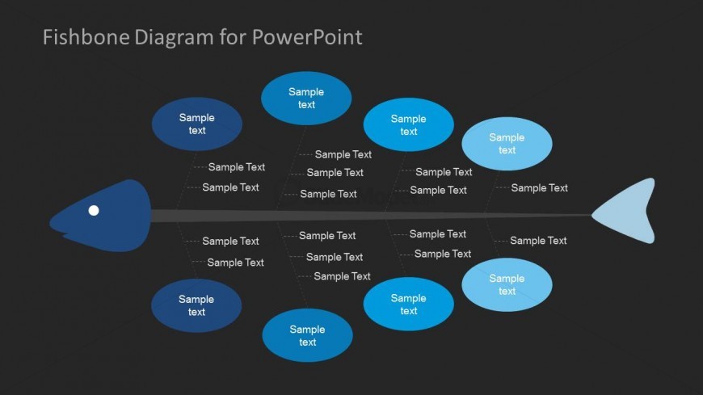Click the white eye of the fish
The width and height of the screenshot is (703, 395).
point(94,211)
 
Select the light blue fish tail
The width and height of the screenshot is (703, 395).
point(629,212)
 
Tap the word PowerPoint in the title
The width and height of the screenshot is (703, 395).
point(307,37)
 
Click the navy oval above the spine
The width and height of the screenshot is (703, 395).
point(196,124)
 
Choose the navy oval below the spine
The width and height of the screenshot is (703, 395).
point(196,305)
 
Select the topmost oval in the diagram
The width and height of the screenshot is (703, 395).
point(306,98)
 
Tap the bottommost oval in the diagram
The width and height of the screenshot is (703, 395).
point(307,335)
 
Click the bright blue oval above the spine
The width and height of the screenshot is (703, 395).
point(408,124)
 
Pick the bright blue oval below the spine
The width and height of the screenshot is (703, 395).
point(408,305)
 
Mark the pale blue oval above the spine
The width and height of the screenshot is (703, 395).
point(507,144)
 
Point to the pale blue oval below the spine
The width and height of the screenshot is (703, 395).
point(507,284)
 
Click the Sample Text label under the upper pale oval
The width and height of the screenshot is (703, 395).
point(539,188)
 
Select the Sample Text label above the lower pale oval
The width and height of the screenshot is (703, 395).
point(538,241)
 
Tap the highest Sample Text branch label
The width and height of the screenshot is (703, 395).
point(343,154)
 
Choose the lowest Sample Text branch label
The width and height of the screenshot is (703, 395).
point(342,276)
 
